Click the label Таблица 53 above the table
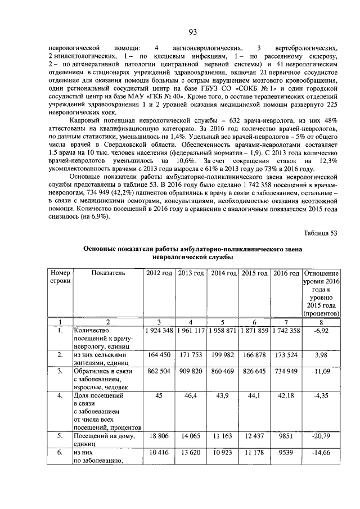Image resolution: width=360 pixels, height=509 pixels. (320, 232)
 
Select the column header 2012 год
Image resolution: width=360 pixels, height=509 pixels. (159, 273)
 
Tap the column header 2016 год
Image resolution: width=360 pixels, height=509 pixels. (286, 273)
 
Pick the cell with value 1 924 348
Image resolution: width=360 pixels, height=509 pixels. (159, 330)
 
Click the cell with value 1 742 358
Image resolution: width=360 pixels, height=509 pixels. (286, 330)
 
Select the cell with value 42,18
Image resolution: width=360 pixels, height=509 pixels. (286, 397)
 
